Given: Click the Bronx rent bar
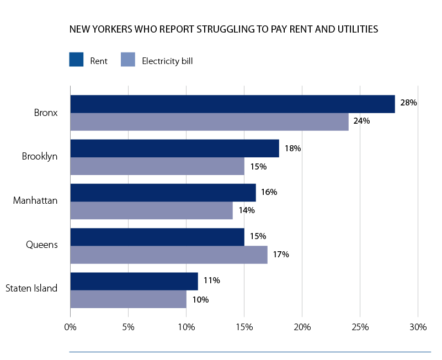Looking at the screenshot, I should (232, 104).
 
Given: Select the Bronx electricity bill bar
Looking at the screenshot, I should (209, 122).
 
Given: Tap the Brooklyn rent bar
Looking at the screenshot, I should (174, 149).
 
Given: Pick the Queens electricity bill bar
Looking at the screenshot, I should (169, 255).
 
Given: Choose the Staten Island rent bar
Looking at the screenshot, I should (134, 281).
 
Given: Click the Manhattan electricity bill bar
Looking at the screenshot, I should (151, 210).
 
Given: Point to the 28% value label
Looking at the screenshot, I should (408, 103).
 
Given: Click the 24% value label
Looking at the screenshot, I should (362, 121).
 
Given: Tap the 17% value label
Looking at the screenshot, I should (281, 255).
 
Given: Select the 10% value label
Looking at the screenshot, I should (200, 299).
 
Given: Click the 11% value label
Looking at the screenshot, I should (211, 280).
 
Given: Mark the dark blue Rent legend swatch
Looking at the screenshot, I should (76, 60).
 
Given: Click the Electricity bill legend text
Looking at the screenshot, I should (167, 61).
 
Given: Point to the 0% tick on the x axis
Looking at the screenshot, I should (71, 327).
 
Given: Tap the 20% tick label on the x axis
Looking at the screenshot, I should (302, 327).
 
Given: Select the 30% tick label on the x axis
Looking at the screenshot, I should (418, 327).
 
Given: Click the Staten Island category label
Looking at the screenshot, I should (31, 288).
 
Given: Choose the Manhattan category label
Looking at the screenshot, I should (35, 199).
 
